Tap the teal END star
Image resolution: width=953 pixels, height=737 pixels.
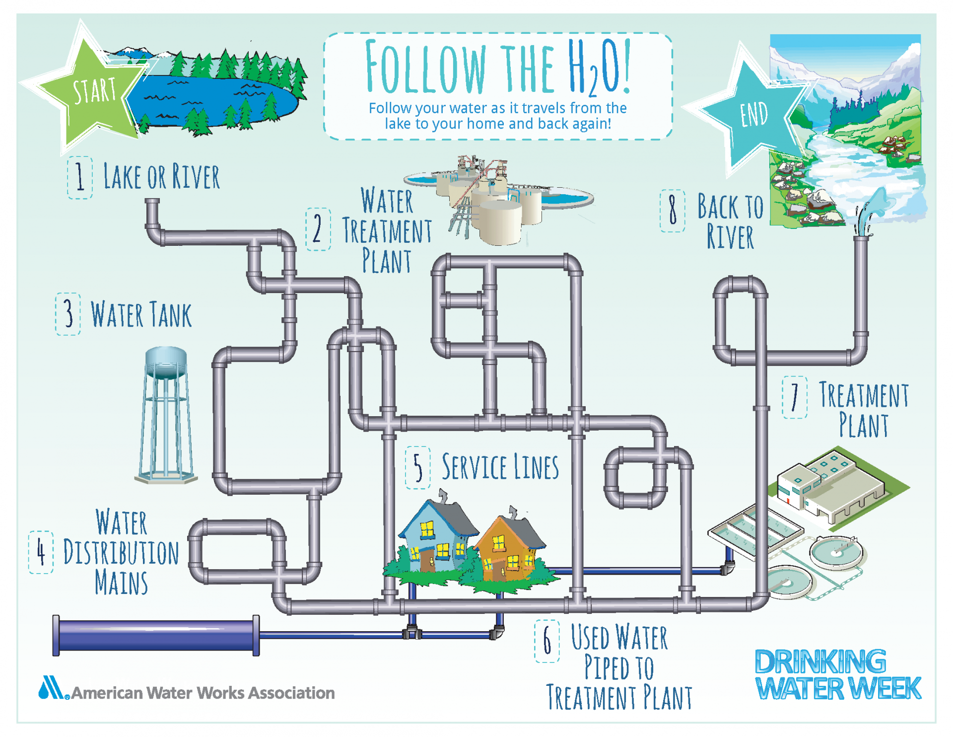point(752,114)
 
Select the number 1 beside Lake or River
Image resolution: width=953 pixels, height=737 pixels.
point(80,177)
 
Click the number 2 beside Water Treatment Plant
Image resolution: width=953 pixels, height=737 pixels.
point(318,229)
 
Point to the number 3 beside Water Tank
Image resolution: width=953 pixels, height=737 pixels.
point(68,314)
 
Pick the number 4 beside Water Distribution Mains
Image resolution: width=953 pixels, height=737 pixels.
point(41,552)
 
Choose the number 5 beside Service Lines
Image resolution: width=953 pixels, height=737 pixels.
point(418,467)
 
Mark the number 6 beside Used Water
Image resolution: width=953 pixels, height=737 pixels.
point(546,641)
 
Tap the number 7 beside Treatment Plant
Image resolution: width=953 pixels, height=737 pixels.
point(795,397)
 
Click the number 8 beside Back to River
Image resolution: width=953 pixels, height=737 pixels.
point(672,211)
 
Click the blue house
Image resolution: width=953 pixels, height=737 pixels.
point(434,539)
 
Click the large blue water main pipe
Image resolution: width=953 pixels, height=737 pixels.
point(156,635)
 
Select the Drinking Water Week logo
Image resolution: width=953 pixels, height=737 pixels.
point(837,674)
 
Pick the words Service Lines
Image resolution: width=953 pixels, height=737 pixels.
point(500,467)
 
